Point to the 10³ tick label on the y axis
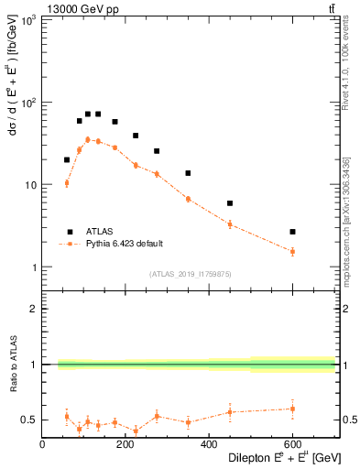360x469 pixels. pyautogui.click(x=28, y=20)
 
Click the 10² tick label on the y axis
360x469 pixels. pyautogui.click(x=28, y=103)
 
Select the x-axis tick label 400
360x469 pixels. pyautogui.click(x=209, y=445)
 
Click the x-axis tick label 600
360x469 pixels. pyautogui.click(x=292, y=445)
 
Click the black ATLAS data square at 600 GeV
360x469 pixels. pyautogui.click(x=292, y=232)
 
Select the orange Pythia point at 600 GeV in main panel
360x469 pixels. pyautogui.click(x=292, y=251)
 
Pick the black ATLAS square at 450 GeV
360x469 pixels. pyautogui.click(x=230, y=203)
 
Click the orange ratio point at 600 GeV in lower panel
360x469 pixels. pyautogui.click(x=292, y=409)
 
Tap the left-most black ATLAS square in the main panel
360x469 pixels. pyautogui.click(x=67, y=159)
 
